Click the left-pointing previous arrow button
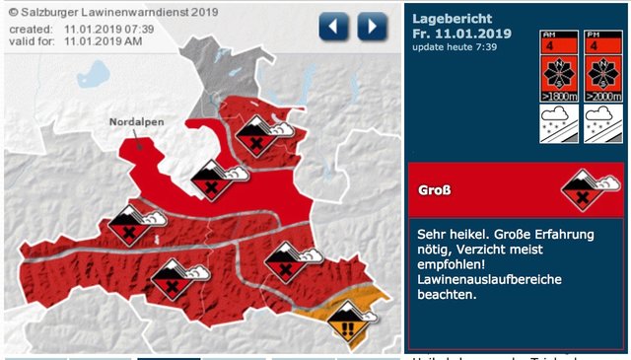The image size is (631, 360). [334, 26]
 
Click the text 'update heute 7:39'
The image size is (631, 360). [455, 48]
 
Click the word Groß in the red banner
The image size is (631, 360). [436, 189]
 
